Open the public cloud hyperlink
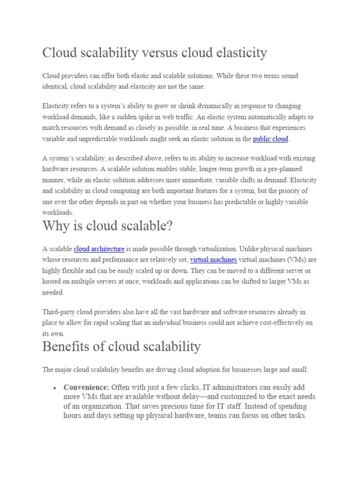270,139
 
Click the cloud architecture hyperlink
99,249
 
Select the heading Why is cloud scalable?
107,226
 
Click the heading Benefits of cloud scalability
121,347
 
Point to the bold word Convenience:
86,387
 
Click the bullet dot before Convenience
55,388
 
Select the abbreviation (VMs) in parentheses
293,260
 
